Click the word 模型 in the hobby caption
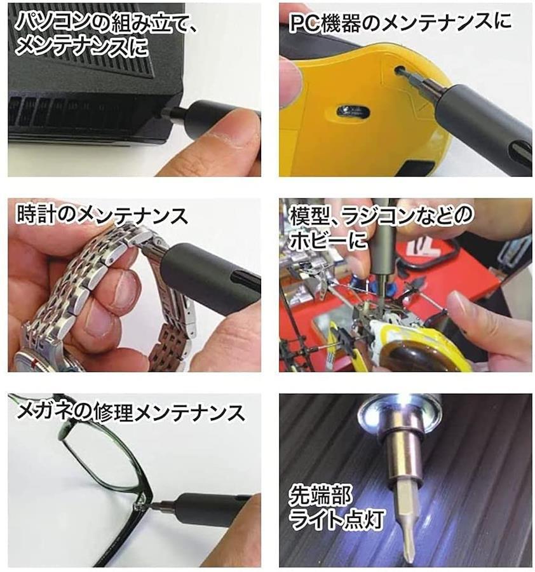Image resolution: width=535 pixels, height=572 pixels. tap(309, 215)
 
